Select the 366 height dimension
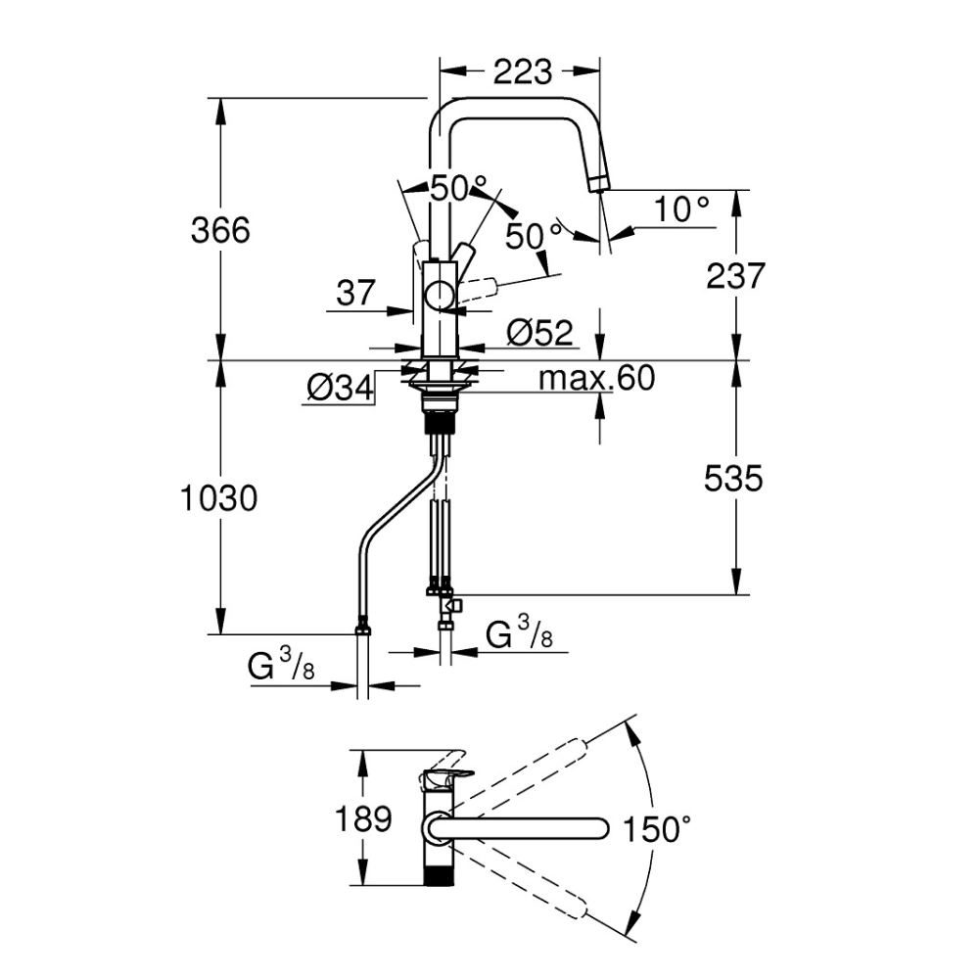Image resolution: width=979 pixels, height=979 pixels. click(x=221, y=231)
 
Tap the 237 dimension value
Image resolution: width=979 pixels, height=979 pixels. click(x=733, y=277)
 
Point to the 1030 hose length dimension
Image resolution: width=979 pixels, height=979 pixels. click(x=219, y=498)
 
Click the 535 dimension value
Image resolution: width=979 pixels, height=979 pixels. click(x=733, y=479)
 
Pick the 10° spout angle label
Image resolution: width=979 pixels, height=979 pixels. click(x=682, y=209)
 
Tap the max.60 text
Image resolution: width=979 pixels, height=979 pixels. click(x=596, y=378)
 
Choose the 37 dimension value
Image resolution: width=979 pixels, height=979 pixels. click(x=355, y=293)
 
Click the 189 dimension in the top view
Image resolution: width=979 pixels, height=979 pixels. click(x=363, y=818)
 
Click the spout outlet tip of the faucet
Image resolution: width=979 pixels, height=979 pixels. click(x=598, y=183)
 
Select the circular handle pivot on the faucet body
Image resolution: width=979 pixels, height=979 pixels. click(x=440, y=295)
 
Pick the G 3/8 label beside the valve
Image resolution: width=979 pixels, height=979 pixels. click(x=520, y=637)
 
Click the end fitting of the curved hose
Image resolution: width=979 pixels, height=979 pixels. click(x=362, y=628)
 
